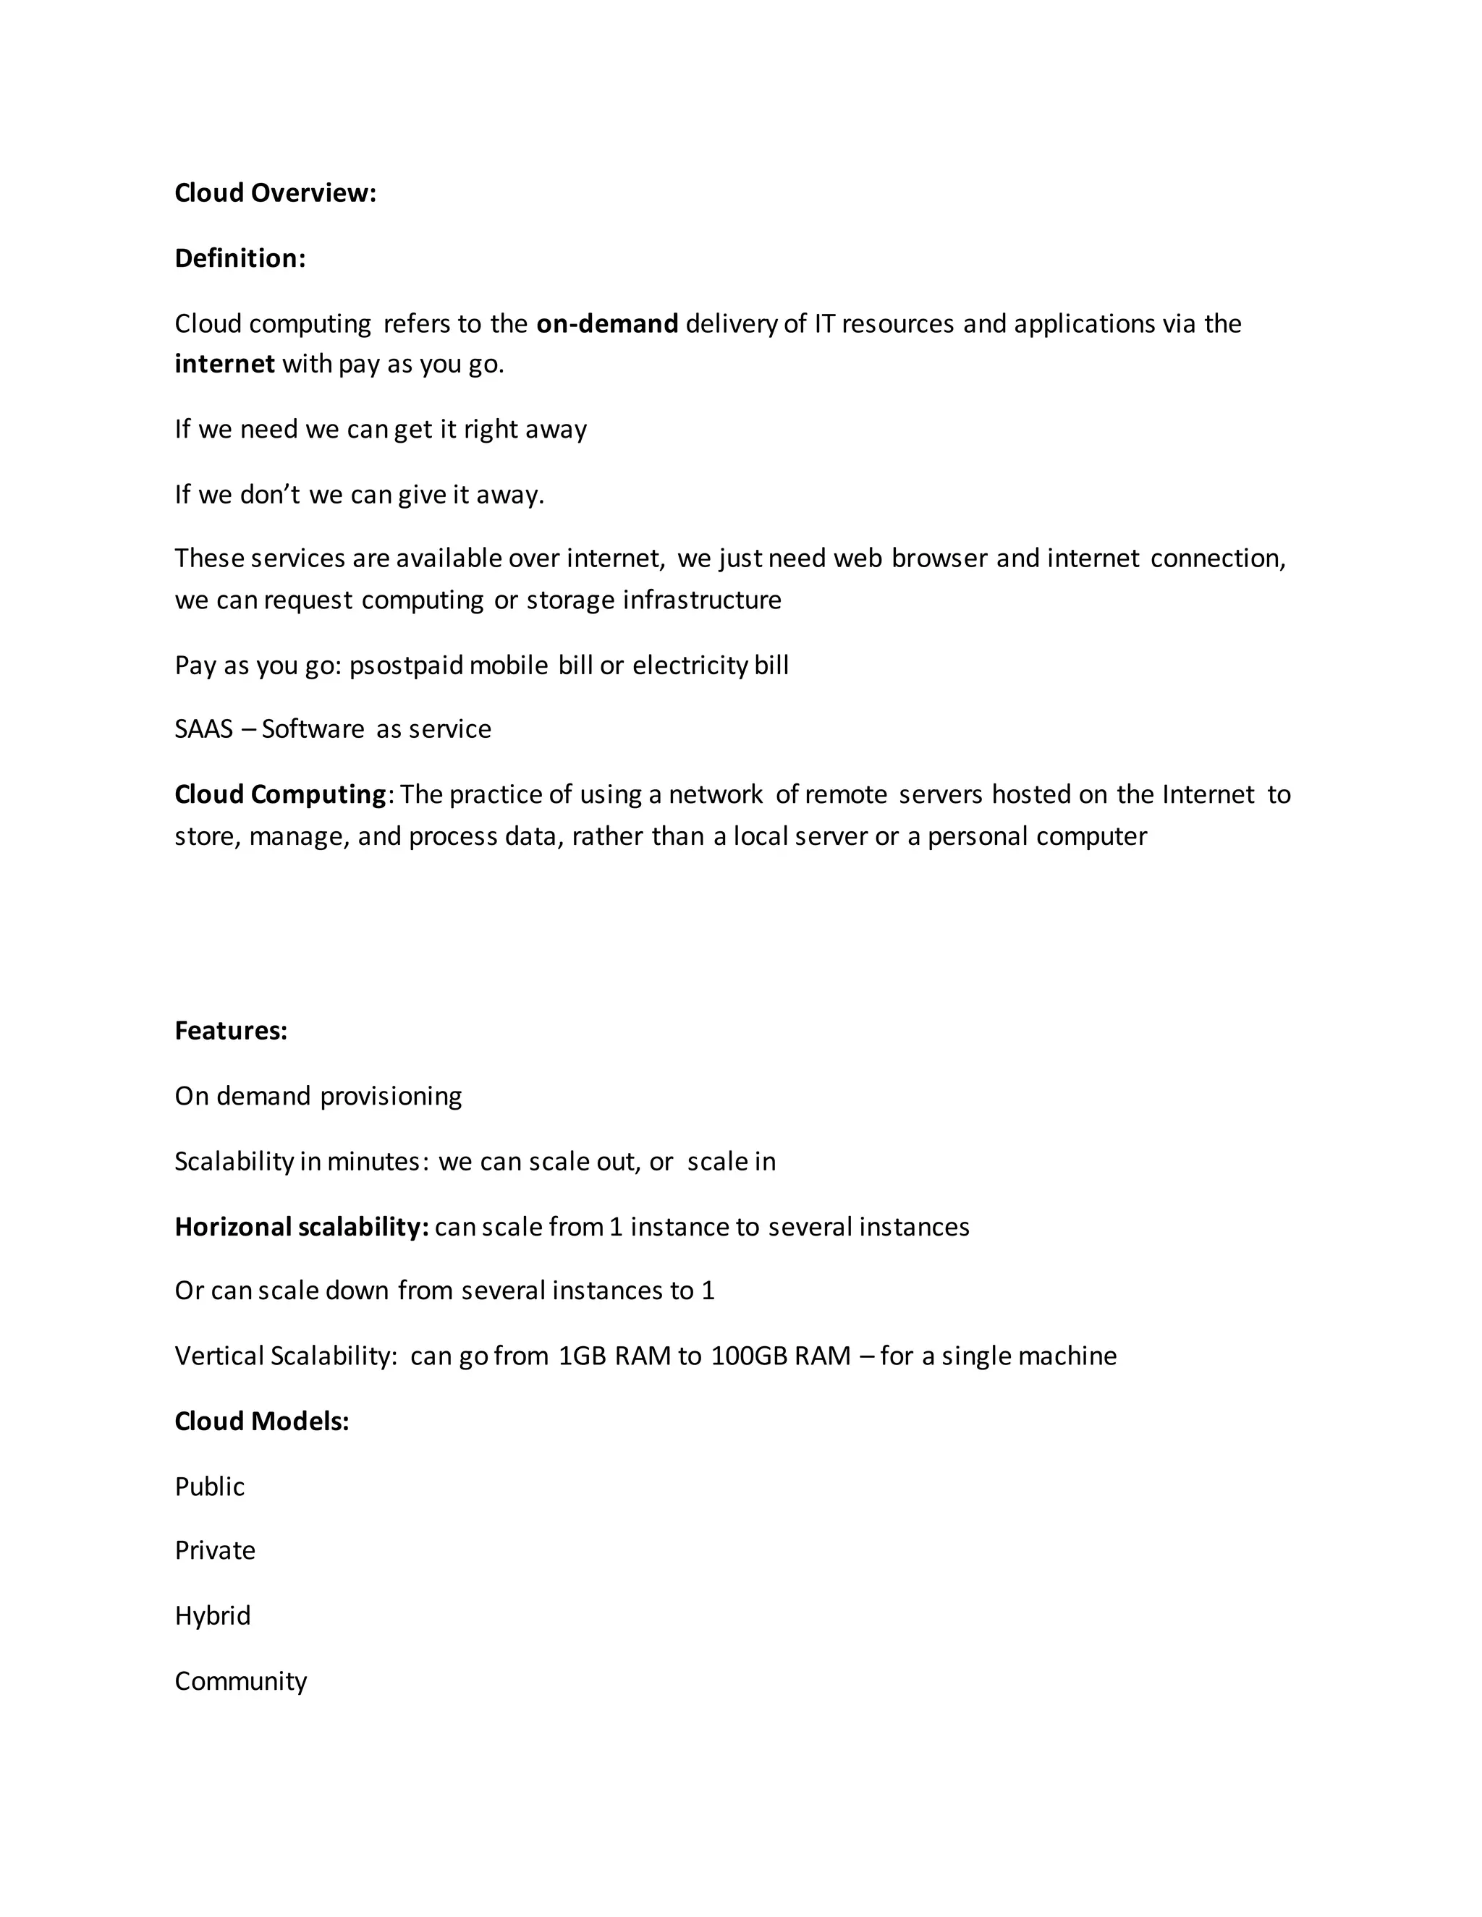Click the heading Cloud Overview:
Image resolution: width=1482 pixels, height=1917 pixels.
click(275, 193)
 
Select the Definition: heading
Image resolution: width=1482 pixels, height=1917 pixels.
click(240, 259)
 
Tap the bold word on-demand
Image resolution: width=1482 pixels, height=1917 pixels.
click(606, 324)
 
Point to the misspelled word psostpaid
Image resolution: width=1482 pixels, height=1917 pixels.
click(406, 666)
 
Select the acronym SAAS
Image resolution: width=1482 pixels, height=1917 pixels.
click(203, 729)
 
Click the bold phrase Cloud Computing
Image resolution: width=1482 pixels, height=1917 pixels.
click(280, 794)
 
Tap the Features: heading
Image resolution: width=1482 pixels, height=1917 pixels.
click(231, 1030)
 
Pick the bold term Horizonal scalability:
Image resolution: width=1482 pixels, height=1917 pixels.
click(301, 1227)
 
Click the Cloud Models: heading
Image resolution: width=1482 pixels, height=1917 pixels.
click(262, 1421)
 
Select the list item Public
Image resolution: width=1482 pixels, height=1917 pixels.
click(209, 1487)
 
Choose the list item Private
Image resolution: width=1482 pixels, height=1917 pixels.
click(214, 1551)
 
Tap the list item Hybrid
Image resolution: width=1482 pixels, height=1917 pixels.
click(213, 1616)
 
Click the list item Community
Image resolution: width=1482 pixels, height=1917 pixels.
click(240, 1682)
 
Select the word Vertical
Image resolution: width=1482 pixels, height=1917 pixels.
click(219, 1356)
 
